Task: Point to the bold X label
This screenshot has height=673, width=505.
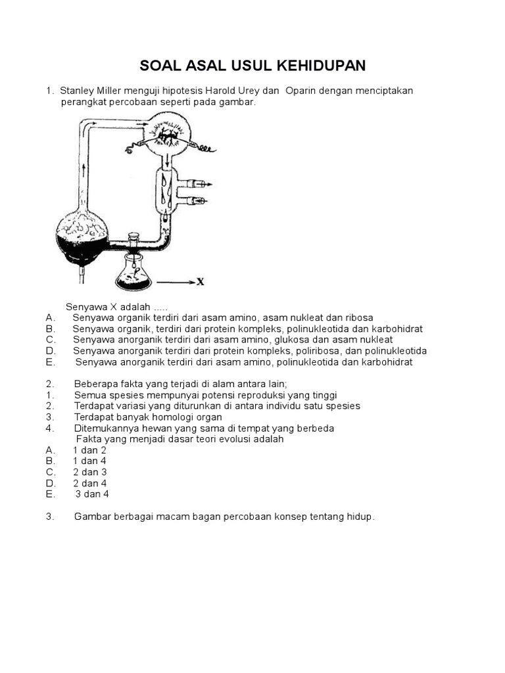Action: click(201, 282)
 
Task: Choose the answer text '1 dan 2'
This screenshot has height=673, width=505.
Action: click(89, 450)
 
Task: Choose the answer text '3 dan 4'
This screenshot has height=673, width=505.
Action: click(92, 494)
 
